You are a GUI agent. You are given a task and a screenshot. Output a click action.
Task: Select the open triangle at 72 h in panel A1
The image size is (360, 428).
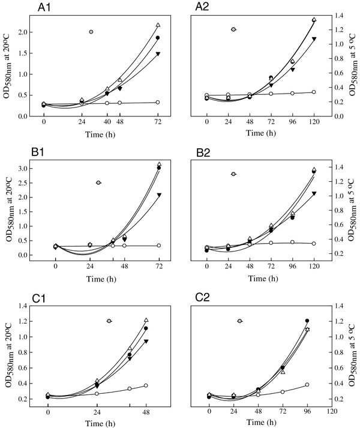pos(158,25)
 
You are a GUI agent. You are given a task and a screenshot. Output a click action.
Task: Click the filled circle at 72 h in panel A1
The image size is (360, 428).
pos(158,38)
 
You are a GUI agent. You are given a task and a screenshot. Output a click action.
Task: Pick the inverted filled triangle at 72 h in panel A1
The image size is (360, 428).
pos(158,54)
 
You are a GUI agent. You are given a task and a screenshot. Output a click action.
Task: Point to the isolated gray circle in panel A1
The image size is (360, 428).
pos(91,31)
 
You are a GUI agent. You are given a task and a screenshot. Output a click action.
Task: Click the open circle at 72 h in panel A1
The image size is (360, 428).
pos(158,102)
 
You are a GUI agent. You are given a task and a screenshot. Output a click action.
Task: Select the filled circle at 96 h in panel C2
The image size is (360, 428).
pos(307,321)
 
